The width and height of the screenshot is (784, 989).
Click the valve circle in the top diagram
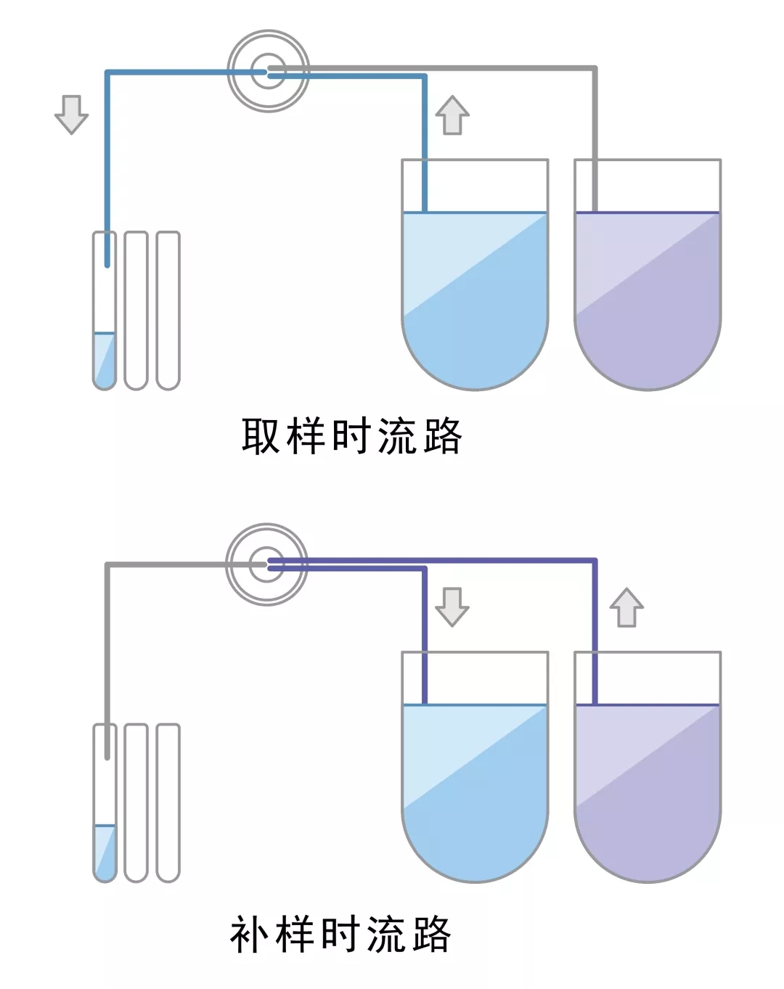click(269, 71)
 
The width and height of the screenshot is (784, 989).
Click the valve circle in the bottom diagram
click(267, 564)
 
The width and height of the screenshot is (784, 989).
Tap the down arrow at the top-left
click(71, 114)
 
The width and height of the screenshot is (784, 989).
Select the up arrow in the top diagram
click(452, 115)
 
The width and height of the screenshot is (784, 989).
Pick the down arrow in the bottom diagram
click(452, 607)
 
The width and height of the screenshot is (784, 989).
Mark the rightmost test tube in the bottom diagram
click(168, 803)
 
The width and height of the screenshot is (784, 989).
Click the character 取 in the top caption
click(261, 436)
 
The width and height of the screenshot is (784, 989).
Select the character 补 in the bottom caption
click(250, 934)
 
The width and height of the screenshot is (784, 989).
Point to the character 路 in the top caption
click(441, 436)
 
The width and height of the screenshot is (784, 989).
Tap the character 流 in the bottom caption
click(385, 934)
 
